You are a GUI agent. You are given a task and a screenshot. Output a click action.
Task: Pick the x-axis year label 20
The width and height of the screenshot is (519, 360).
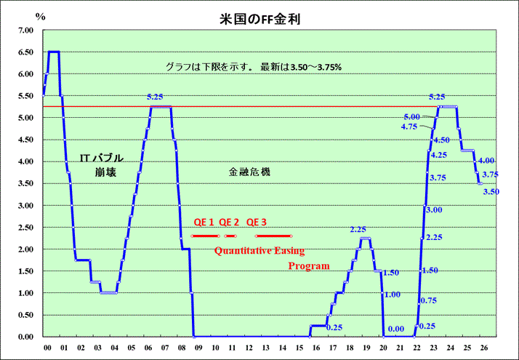coord(383,348)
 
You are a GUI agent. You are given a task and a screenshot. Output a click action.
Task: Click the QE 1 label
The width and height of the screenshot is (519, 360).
coord(204,223)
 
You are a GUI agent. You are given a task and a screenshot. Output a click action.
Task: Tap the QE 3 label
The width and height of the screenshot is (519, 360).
coord(257,223)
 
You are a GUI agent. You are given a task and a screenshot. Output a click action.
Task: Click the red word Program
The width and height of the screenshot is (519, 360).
coord(309,266)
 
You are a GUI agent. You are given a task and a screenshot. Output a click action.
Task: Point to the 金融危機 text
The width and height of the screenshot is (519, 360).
coord(249,172)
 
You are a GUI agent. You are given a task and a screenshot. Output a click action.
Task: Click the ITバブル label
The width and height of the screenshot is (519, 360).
coord(102,158)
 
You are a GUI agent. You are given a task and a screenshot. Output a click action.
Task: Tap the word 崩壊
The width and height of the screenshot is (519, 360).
coord(105,173)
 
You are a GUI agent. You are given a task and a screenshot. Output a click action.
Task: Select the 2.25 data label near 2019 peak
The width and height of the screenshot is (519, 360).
coord(358,229)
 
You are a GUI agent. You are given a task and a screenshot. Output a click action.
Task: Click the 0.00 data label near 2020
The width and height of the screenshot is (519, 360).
coord(396,329)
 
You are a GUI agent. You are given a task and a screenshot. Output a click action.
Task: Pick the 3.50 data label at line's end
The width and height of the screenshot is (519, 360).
coord(491,191)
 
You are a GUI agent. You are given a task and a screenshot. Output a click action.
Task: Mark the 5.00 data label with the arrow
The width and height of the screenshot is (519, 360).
coord(412,116)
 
